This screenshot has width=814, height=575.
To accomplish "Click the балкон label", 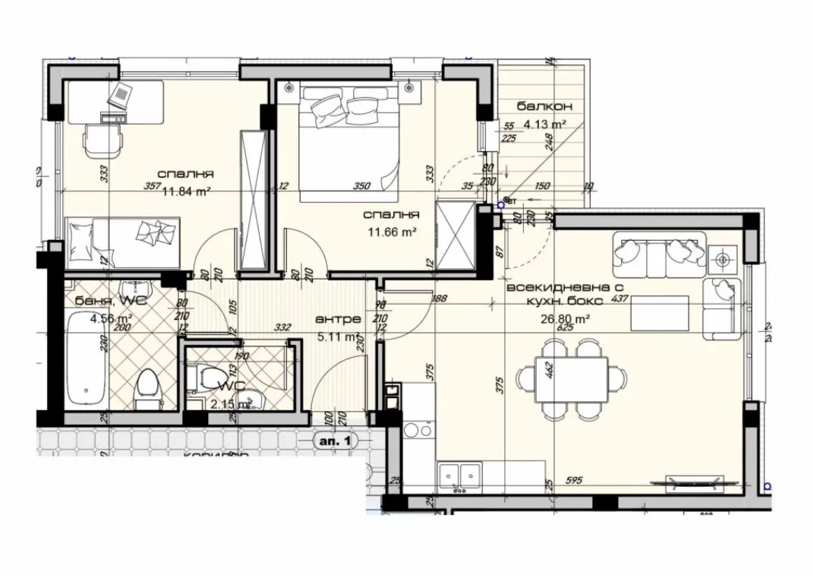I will coord(544,106).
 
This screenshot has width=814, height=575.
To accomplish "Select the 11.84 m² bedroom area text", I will coord(186,191).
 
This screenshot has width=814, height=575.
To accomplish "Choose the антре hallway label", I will coord(333,320).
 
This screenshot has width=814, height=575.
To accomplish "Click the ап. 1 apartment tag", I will coord(335,440).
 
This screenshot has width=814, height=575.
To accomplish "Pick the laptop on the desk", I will coord(121,97).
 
